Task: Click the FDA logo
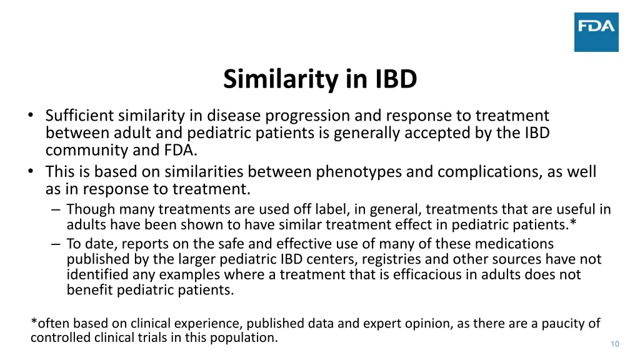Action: click(x=596, y=32)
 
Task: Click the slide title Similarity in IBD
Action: click(x=320, y=79)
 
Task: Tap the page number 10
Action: click(x=615, y=344)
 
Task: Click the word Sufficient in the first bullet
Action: click(x=79, y=116)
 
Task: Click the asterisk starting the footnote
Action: click(x=34, y=323)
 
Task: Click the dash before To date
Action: click(x=57, y=244)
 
